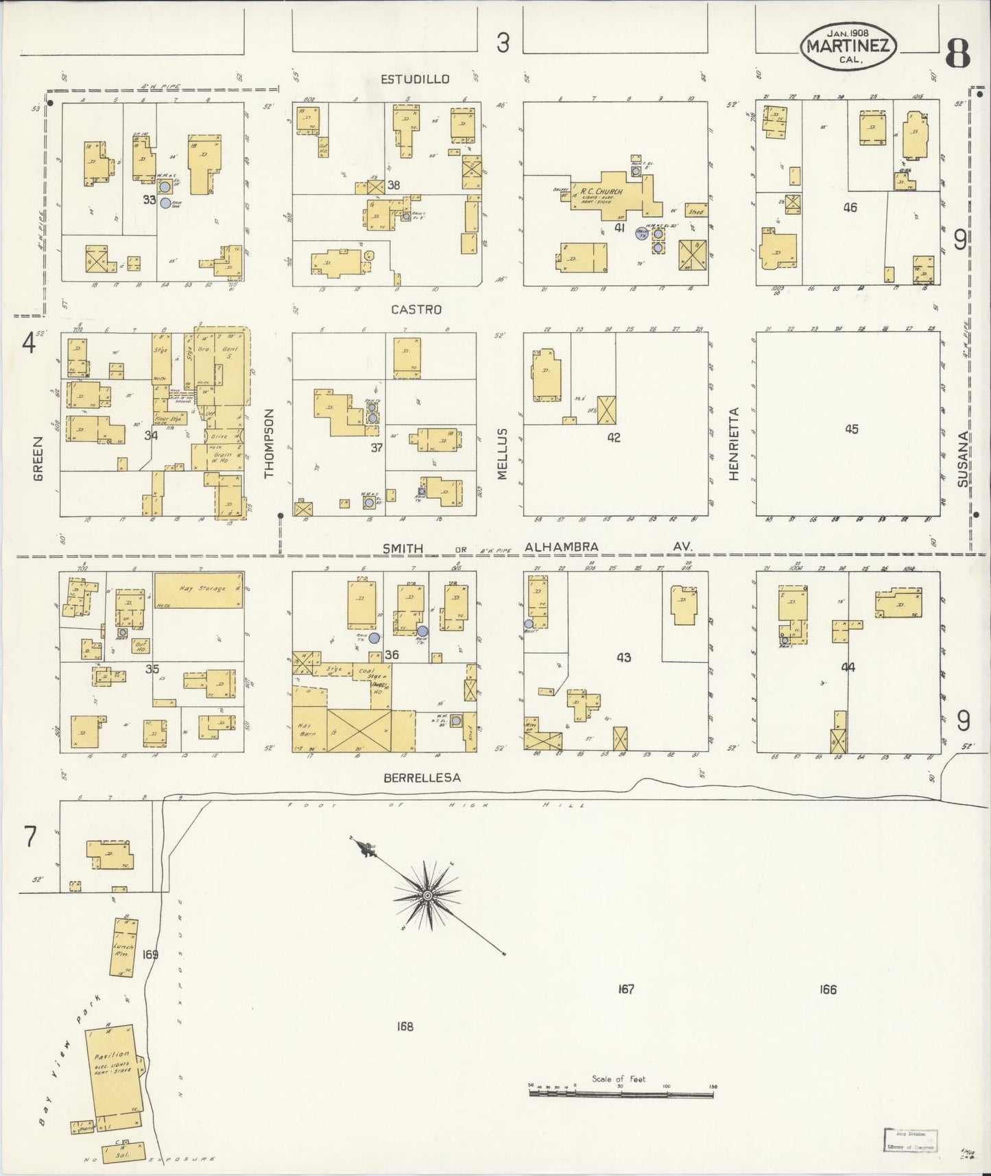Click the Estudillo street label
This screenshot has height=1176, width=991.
click(415, 79)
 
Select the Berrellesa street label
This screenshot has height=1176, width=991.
click(422, 777)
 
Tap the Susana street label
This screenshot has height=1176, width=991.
click(964, 459)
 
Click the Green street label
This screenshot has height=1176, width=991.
click(38, 458)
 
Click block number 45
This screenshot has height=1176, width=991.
click(851, 430)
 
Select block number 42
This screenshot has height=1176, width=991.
click(613, 437)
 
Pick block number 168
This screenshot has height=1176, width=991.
click(405, 1026)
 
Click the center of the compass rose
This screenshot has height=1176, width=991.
click(427, 895)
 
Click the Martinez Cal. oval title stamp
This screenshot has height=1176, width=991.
click(848, 45)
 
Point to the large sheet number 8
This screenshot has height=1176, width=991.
click(957, 53)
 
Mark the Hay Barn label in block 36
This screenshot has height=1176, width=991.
click(305, 729)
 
